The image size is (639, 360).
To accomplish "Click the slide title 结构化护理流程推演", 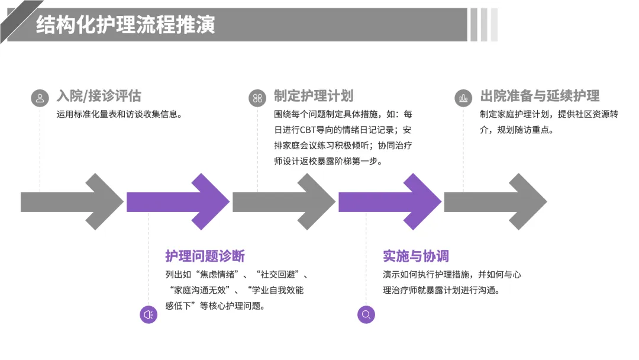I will tap(125, 25).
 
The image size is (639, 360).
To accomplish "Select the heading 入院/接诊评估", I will tap(99, 96).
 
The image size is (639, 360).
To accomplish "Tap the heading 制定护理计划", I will tap(314, 96).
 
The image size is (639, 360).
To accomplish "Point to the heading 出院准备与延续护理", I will tap(540, 96).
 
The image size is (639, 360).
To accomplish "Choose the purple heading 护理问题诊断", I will tap(205, 256).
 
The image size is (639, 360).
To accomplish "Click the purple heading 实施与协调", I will tap(416, 256).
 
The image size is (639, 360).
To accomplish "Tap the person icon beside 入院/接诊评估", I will tap(40, 98).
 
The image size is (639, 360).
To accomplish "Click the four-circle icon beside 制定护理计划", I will tap(257, 98).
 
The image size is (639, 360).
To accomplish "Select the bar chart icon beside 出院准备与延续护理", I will tap(463, 98).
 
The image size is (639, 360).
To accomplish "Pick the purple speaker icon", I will tap(149, 314).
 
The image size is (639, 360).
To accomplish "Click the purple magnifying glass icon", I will tap(366, 314).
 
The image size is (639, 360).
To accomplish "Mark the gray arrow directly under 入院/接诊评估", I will tap(72, 202).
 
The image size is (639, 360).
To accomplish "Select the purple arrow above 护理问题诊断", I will tap(177, 202).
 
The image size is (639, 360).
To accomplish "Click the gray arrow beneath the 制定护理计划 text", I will tap(283, 202).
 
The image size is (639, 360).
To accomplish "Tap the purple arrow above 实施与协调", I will tap(389, 202).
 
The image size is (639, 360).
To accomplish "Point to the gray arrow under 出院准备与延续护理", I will tap(495, 202).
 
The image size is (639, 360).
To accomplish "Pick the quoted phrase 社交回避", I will tap(282, 275).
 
